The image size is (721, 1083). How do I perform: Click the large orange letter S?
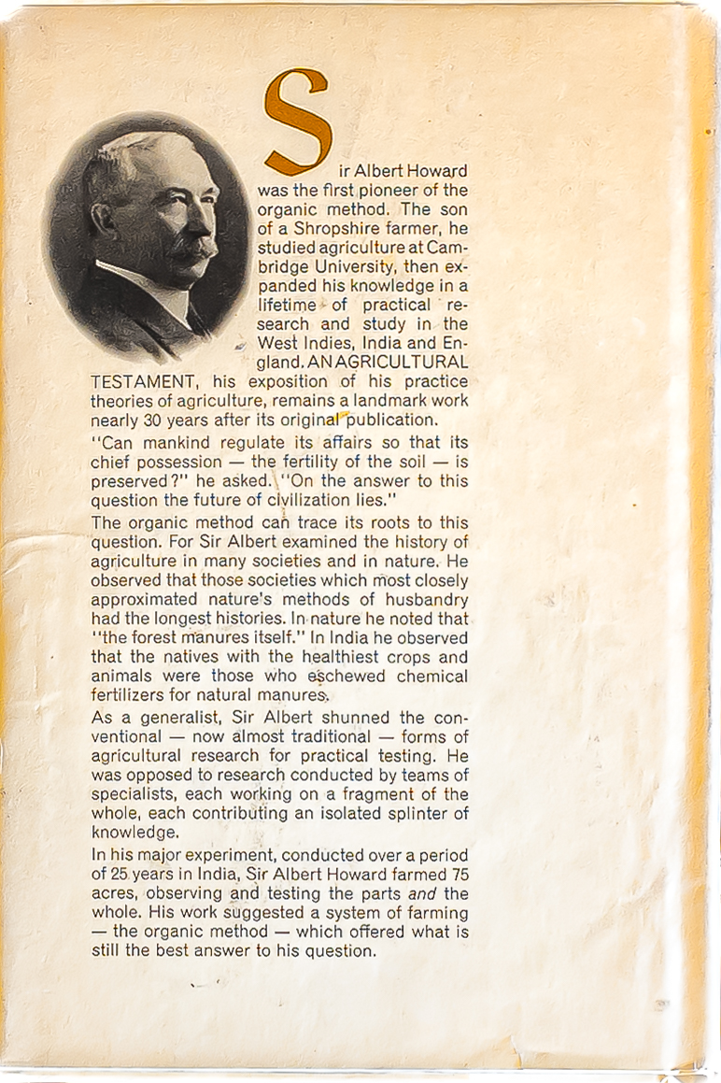298,121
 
